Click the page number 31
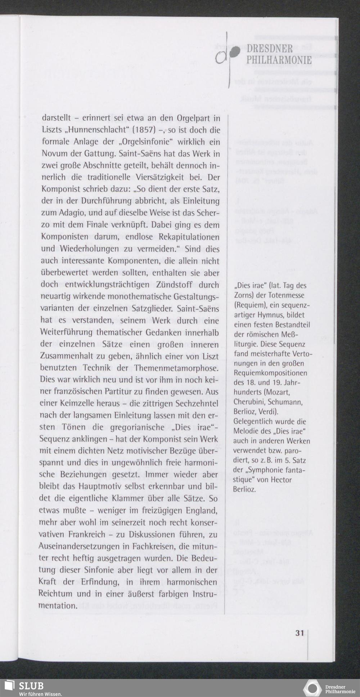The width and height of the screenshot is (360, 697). (x=300, y=633)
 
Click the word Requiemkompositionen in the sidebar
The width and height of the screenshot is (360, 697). (x=270, y=372)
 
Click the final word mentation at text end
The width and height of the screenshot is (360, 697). (x=58, y=606)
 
